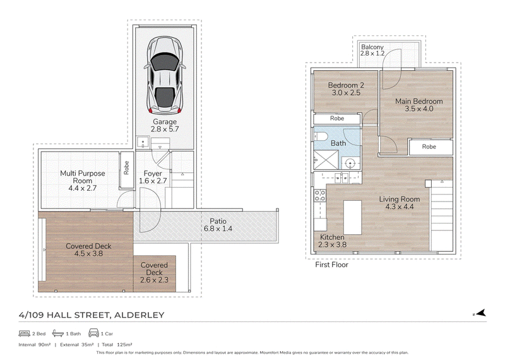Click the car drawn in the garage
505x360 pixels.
pos(165,75)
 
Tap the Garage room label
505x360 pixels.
pos(165,122)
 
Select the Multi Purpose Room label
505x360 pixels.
pos(83,177)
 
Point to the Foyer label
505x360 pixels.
pos(153,174)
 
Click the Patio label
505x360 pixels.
pos(218,221)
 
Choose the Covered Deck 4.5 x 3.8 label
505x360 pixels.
pos(88,249)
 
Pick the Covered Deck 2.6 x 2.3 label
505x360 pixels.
pos(154,272)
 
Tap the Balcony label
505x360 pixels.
pos(372,47)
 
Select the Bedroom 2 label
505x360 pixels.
pos(346,85)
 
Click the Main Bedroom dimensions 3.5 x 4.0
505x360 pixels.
pos(419,109)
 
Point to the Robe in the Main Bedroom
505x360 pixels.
pos(429,147)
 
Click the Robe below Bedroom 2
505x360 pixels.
pos(337,118)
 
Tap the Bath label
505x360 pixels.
pos(338,143)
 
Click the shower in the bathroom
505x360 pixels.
pos(326,160)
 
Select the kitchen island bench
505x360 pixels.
pos(352,217)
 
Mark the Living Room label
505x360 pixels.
pos(400,199)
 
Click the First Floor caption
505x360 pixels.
pos(332,265)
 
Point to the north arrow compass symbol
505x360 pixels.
pos(480,313)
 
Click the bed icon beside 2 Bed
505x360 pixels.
pos(25,333)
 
